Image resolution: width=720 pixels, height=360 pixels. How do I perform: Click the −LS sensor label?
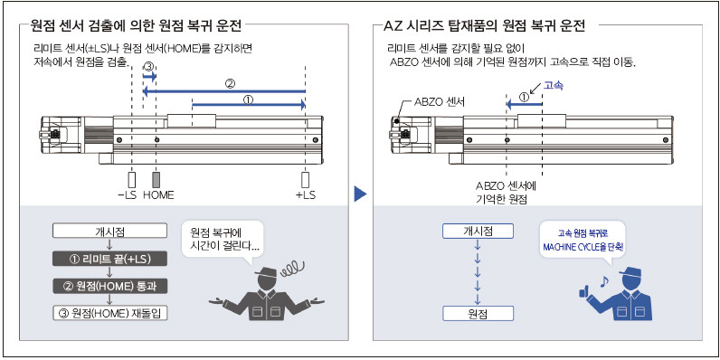[128, 195]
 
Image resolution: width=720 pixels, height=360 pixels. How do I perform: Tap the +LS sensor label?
[306, 195]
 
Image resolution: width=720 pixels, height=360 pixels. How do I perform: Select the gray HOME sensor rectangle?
[156, 179]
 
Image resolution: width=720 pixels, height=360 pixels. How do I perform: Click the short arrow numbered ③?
[149, 76]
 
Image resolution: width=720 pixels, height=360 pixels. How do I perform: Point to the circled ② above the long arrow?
[231, 84]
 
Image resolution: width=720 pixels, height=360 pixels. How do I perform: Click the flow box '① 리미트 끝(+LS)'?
[110, 259]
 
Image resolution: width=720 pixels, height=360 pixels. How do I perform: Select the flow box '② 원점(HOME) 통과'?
[110, 287]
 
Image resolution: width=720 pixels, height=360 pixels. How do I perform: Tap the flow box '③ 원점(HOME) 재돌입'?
[110, 314]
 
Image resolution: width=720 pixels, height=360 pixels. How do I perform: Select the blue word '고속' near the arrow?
[554, 85]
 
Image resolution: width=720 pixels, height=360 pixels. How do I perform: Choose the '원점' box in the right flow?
[478, 314]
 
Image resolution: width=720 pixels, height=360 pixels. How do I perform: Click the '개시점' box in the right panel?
[478, 232]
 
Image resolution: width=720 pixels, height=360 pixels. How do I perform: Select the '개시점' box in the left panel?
[110, 232]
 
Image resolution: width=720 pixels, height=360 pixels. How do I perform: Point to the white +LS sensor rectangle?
[305, 179]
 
